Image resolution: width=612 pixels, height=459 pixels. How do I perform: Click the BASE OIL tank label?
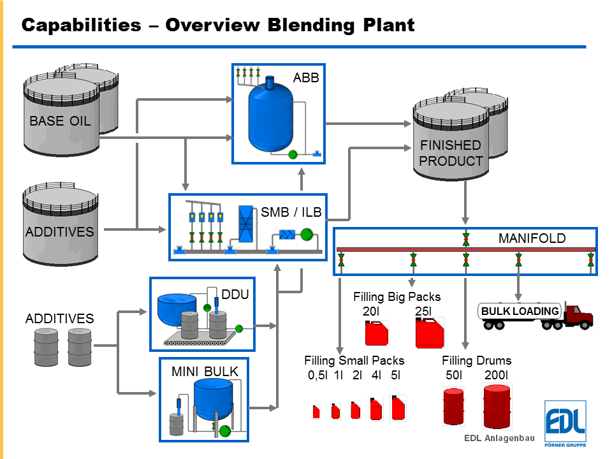click(60, 120)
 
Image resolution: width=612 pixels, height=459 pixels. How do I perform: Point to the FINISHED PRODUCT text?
click(451, 154)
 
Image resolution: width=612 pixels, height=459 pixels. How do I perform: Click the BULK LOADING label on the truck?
click(520, 312)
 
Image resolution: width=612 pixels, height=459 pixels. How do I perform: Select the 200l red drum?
click(497, 407)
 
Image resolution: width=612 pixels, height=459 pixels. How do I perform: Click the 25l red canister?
click(429, 333)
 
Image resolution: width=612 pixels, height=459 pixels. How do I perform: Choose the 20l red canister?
click(375, 333)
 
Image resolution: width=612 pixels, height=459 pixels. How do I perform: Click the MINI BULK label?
click(196, 371)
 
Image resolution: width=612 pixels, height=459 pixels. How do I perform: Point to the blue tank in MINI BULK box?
click(213, 398)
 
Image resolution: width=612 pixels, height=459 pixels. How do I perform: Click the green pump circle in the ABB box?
click(293, 154)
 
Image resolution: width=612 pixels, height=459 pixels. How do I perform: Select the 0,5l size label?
click(317, 375)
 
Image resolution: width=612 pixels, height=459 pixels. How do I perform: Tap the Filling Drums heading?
click(476, 361)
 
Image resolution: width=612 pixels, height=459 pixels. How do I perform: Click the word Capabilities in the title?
click(81, 25)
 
